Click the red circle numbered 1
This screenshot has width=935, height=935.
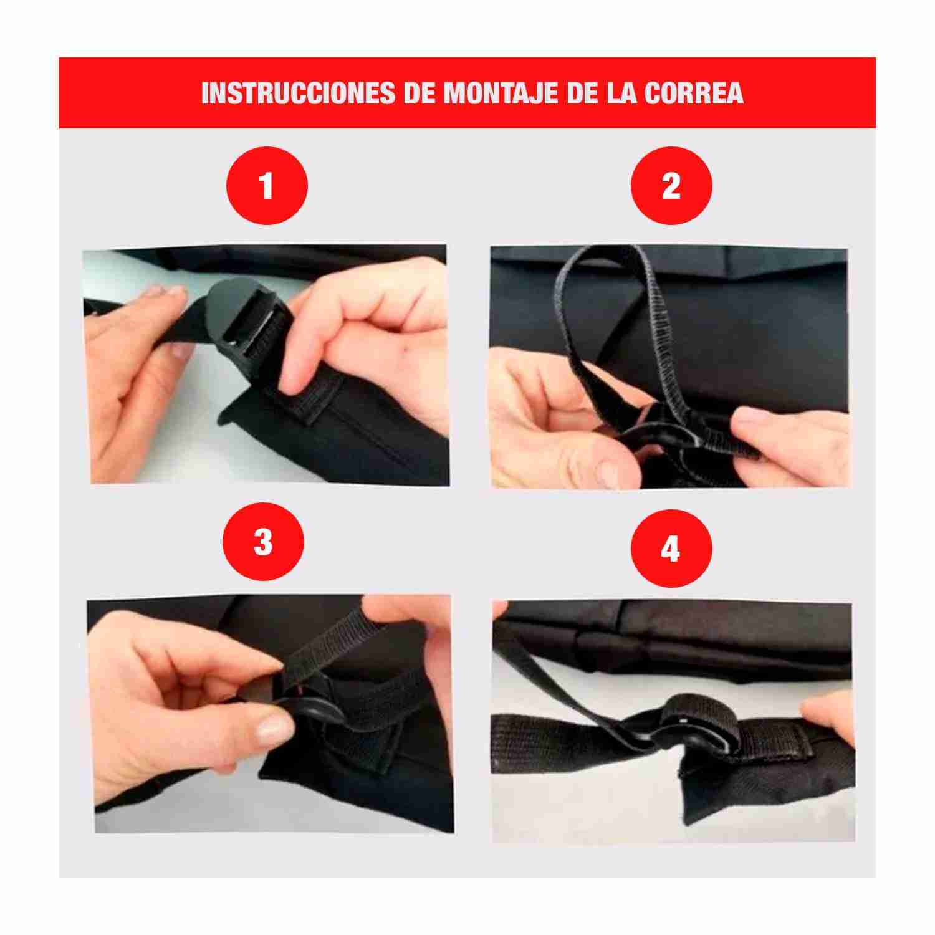[266, 185]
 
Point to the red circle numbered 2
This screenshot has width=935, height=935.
[671, 185]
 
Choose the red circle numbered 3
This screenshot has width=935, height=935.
[263, 542]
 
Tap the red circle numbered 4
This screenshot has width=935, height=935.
[671, 549]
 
